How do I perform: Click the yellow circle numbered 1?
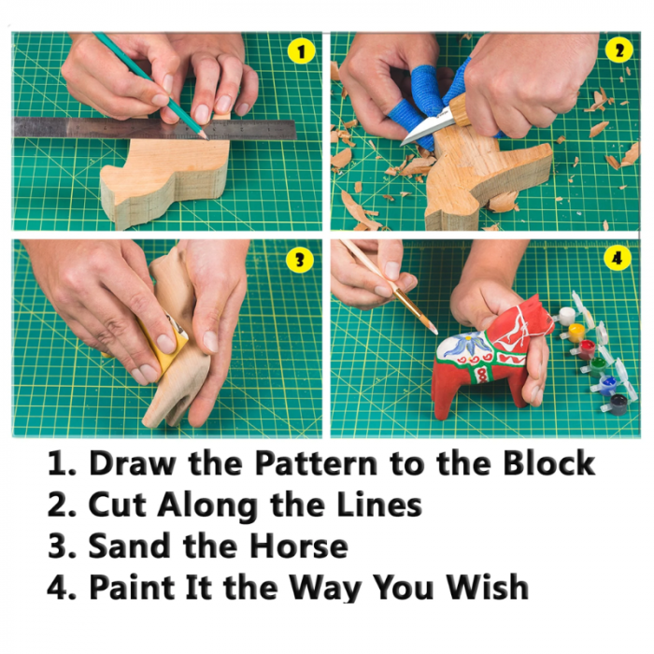tap(301, 51)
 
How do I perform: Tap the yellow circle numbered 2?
tap(618, 50)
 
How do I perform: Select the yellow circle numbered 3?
tap(300, 260)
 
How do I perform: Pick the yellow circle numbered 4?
tap(617, 259)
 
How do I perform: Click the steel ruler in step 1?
tap(154, 128)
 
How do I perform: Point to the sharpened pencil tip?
tap(206, 136)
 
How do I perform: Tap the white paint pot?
tap(567, 316)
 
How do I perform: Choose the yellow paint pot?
tap(576, 332)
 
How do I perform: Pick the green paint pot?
tap(597, 366)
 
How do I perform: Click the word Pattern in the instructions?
tap(317, 463)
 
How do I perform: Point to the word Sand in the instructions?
tap(129, 546)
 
